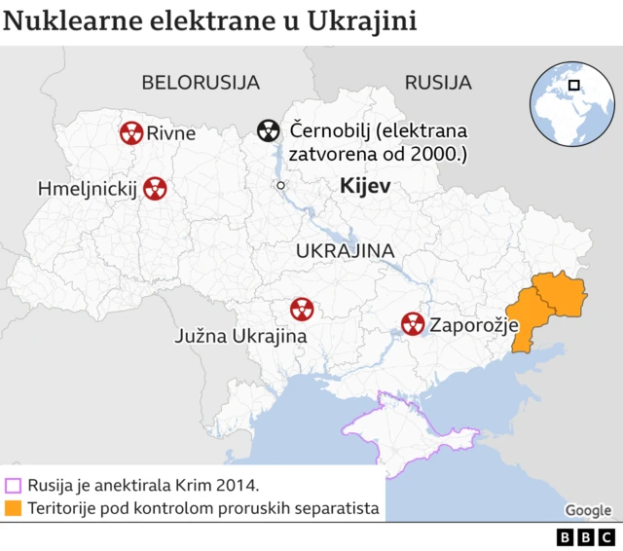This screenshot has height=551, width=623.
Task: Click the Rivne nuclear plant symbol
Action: tap(131, 132)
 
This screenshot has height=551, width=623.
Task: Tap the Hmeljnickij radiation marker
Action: tap(154, 188)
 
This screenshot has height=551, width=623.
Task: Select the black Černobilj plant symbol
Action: tap(269, 130)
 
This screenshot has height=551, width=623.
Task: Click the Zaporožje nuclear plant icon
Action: tap(413, 324)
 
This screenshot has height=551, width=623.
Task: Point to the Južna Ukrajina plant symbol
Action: tap(302, 310)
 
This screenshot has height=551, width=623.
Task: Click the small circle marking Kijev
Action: tap(280, 185)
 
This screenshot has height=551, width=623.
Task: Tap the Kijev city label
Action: tap(365, 186)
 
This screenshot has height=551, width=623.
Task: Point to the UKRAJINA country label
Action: tap(345, 251)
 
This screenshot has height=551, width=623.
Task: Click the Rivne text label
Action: tap(171, 133)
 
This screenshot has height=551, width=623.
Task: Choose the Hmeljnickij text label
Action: tap(86, 188)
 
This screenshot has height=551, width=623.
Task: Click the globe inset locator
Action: tap(571, 100)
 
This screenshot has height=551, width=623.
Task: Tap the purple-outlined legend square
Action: tap(13, 485)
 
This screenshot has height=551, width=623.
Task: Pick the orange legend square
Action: tap(13, 508)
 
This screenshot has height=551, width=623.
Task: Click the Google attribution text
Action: tap(588, 510)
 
